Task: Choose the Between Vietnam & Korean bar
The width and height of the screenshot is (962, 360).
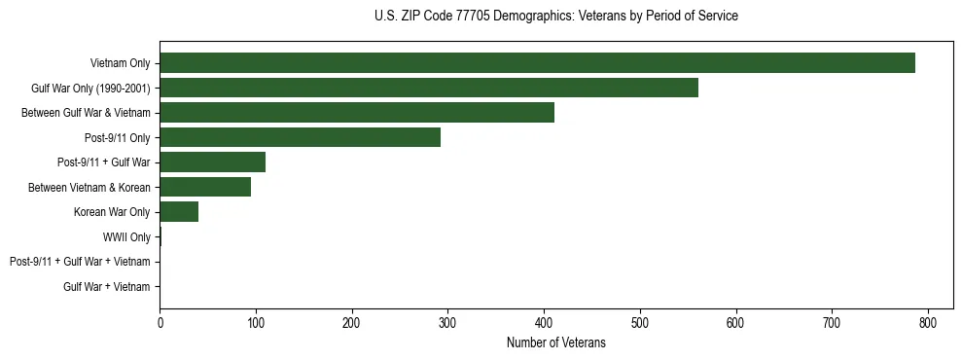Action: pos(205,187)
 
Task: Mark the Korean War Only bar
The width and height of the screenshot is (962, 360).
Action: pos(179,212)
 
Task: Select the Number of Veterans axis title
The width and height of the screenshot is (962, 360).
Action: pos(555,342)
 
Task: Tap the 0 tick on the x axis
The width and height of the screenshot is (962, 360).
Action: pos(160,323)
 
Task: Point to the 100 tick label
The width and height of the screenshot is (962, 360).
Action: pos(256,323)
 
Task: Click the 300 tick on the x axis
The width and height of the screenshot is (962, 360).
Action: pos(447,323)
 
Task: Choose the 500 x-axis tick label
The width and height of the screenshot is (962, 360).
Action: pos(640,323)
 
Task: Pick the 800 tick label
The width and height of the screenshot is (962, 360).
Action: pos(928,323)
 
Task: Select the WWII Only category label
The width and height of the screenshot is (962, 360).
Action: pos(126,236)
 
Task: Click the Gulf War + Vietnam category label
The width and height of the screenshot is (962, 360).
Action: pos(107,286)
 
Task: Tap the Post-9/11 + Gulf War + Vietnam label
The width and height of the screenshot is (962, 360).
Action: pos(80,262)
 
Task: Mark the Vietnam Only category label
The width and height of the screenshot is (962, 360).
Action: pos(120,63)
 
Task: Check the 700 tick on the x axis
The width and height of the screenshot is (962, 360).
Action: pos(832,323)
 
